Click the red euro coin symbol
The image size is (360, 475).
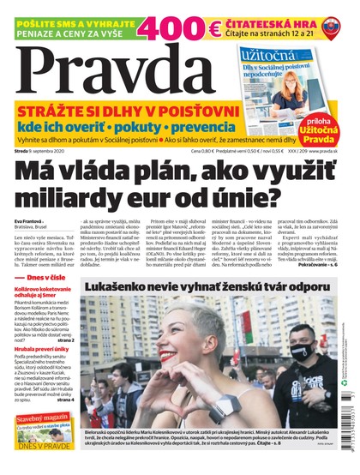pyautogui.click(x=209, y=29)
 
